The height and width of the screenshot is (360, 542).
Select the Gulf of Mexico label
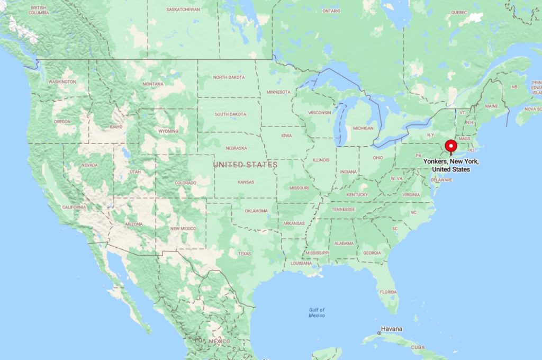(317, 312)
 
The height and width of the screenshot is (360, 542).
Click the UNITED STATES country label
(245, 165)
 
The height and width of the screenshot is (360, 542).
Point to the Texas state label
(245, 254)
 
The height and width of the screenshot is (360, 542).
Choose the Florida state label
(388, 292)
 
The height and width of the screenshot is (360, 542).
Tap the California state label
(74, 207)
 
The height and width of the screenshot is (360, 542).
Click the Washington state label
(62, 82)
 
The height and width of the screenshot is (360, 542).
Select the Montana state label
(152, 84)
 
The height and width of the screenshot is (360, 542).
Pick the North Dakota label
(229, 77)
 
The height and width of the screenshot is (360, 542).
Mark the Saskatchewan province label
(183, 10)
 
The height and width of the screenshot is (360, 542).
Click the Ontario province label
(331, 11)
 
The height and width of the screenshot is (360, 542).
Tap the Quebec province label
(459, 12)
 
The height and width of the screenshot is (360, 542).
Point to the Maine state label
(492, 106)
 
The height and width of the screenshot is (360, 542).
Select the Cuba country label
(418, 347)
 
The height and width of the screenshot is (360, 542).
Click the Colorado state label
(185, 183)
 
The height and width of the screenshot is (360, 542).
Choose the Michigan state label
(363, 128)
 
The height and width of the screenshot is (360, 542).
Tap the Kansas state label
(246, 182)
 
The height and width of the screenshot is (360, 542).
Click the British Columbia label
(39, 10)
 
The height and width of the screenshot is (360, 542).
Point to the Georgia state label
(372, 253)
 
